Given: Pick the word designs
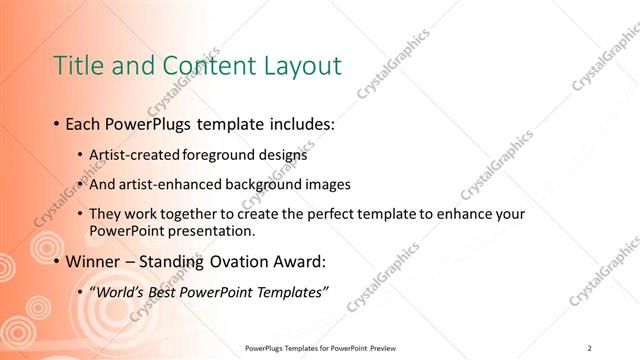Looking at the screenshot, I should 288,156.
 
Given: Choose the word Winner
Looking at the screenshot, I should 96,262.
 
